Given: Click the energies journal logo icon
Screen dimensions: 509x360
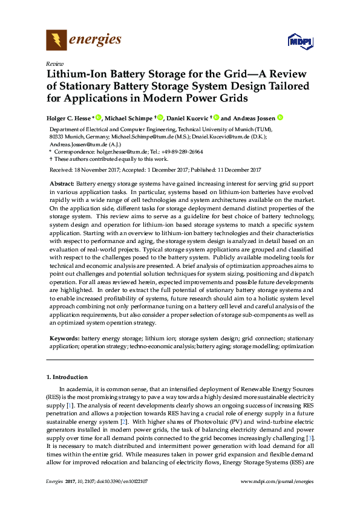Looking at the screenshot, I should [x=57, y=41].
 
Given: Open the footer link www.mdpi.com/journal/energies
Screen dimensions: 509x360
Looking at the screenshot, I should [x=277, y=481].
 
